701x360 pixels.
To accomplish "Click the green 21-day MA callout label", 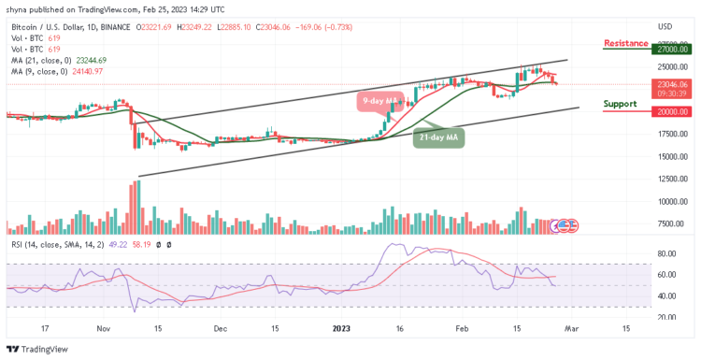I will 439,137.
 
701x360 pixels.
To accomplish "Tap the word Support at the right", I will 621,104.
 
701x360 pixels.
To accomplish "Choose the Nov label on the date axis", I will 104,329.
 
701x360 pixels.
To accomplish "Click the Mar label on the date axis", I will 572,329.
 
